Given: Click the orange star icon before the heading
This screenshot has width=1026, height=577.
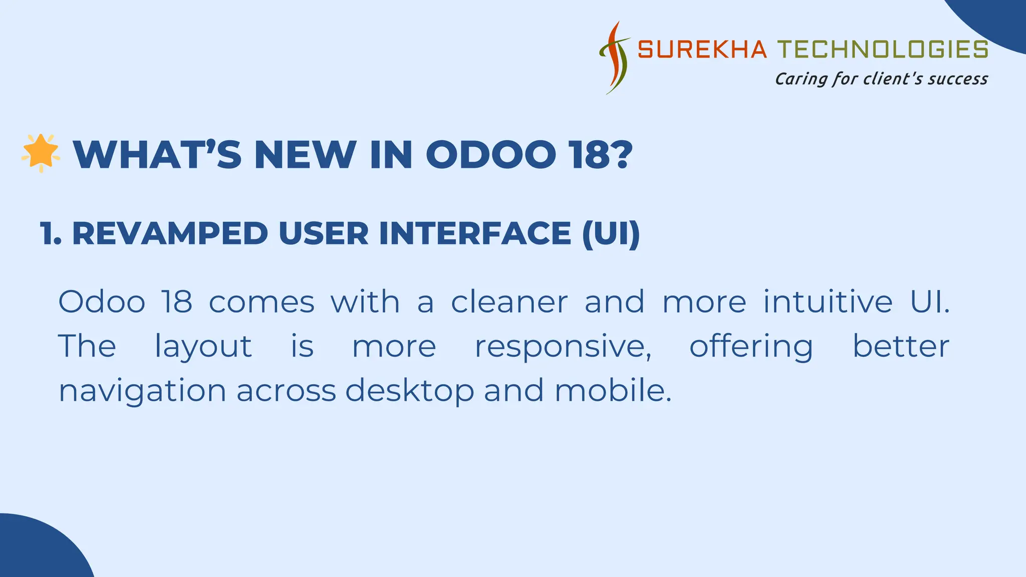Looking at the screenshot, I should click(41, 153).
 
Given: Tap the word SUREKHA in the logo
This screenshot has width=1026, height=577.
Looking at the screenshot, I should click(702, 50).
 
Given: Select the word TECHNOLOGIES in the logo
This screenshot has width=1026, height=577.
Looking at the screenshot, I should click(883, 50).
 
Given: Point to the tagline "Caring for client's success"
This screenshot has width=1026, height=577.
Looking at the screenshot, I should click(881, 79).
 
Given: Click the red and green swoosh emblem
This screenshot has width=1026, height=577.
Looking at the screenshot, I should click(615, 58).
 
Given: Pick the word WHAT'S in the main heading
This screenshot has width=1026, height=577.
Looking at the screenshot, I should click(157, 155).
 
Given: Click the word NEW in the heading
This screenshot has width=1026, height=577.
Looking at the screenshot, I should click(306, 155).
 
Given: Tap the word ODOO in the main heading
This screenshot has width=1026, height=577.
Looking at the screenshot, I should click(491, 155).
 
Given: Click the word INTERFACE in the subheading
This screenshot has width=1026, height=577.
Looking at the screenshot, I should click(475, 233).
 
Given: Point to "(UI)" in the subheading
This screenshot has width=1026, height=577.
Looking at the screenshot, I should click(611, 233).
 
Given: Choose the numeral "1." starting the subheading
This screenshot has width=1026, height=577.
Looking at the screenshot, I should click(51, 233).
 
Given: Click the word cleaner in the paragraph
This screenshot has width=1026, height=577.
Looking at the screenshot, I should click(509, 302).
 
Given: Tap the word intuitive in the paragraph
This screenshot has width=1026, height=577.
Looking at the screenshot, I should click(828, 302).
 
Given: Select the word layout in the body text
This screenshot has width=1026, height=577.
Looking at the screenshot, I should click(203, 347).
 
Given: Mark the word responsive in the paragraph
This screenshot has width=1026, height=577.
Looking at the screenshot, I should click(563, 347).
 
